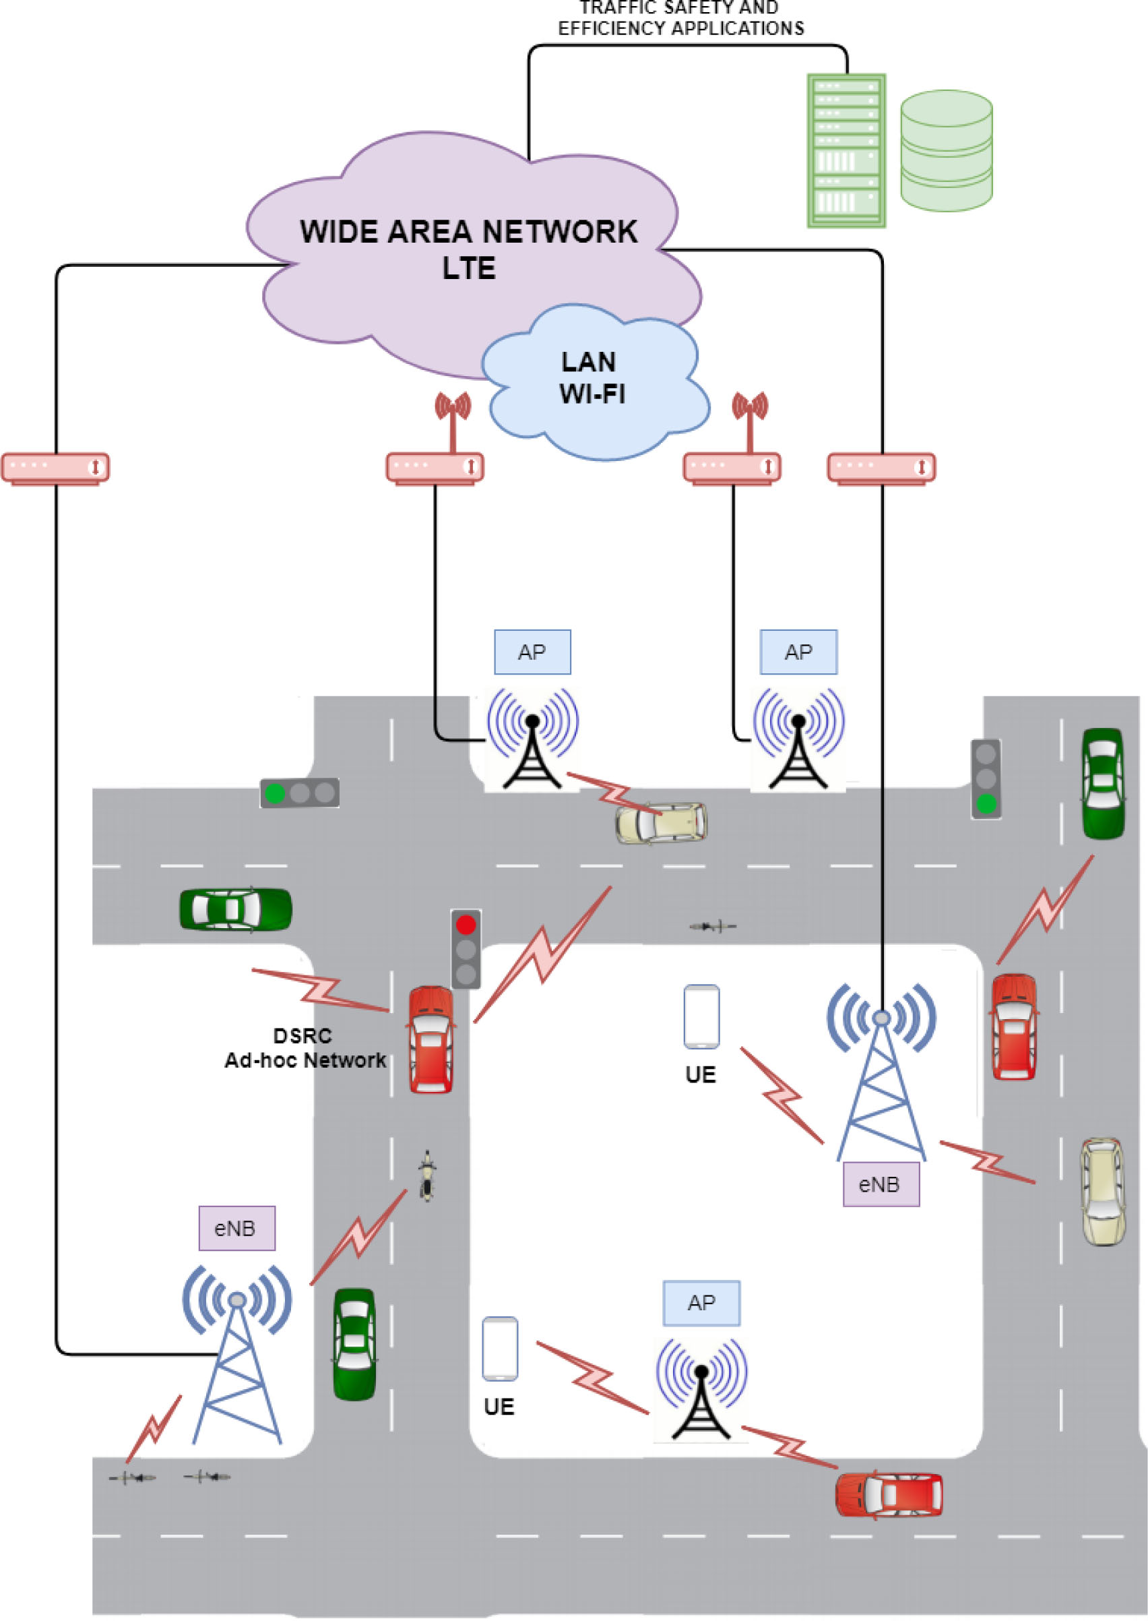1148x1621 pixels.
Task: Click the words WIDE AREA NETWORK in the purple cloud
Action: click(x=468, y=232)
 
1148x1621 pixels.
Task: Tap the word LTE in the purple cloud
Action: click(x=469, y=268)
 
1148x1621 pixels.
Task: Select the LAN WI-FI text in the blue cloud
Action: click(x=591, y=377)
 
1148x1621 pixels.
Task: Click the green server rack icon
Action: click(x=846, y=151)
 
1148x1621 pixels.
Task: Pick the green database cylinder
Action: click(x=946, y=151)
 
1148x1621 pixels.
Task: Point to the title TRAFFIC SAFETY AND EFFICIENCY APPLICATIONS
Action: click(x=680, y=19)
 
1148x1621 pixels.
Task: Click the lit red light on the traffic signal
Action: click(x=466, y=924)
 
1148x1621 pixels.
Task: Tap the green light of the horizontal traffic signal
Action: click(x=274, y=793)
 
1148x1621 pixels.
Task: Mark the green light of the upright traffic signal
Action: click(x=986, y=803)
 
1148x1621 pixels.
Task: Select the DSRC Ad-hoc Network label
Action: click(x=305, y=1048)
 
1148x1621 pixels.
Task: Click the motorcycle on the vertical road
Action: click(x=426, y=1175)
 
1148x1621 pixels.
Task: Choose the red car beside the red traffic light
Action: click(x=431, y=1039)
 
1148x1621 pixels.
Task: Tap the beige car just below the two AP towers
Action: click(x=661, y=822)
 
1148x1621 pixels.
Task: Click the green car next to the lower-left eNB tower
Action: click(x=354, y=1344)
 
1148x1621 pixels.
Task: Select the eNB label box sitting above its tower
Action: click(x=235, y=1229)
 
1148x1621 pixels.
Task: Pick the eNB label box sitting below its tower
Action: click(x=880, y=1184)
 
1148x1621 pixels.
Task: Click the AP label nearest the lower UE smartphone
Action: click(x=701, y=1303)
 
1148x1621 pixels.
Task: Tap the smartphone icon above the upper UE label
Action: click(x=701, y=1016)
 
